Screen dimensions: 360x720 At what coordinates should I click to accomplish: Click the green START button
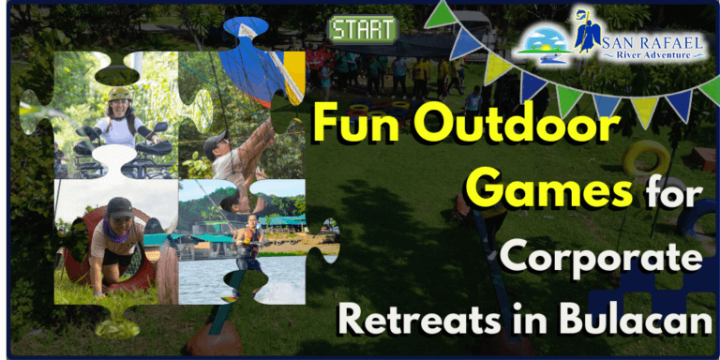pos(363,29)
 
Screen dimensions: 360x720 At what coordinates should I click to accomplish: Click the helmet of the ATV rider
pos(119,94)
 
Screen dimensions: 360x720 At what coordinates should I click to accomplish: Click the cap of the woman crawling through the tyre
pos(119,206)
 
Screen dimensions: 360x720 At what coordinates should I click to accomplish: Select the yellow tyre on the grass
pos(646,158)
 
